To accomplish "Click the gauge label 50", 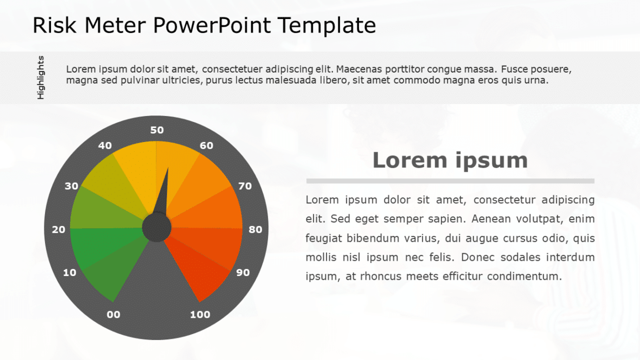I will pos(157,130).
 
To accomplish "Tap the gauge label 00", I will pos(113,314).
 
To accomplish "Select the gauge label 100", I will pos(200,314).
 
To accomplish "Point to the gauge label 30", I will pos(72,186).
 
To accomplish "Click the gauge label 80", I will pos(255,229).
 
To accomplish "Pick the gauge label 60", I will pos(206,145).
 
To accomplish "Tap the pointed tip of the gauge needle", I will pos(168,169).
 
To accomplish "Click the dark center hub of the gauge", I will pos(157,228).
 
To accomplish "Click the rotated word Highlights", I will pos(41,78).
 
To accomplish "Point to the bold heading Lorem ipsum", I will pos(450,160).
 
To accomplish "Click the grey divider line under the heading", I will pos(450,181).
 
